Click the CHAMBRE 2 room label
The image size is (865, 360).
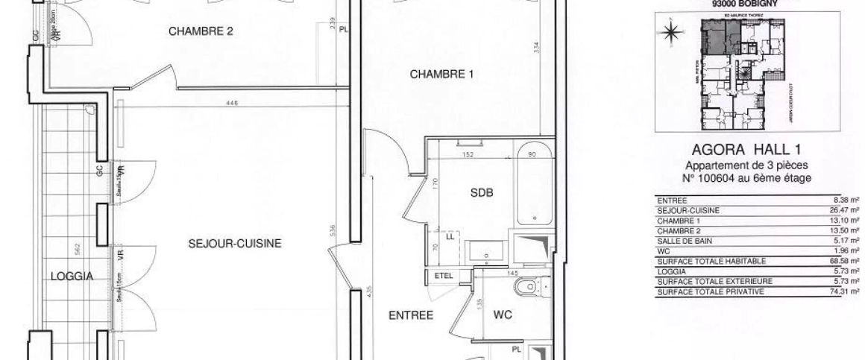(x=201, y=31)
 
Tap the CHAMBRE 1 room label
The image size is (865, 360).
(x=441, y=74)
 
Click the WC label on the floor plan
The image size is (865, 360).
(x=503, y=315)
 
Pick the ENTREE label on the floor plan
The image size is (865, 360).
(x=411, y=315)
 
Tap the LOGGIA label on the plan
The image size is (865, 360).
(x=71, y=276)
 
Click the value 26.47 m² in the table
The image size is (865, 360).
(x=845, y=211)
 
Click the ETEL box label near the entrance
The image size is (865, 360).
(x=443, y=276)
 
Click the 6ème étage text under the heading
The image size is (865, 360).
(x=780, y=178)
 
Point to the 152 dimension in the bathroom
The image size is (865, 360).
(x=467, y=156)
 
